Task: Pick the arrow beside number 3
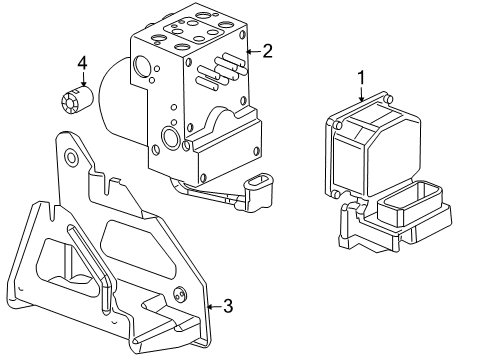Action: tap(210, 306)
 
